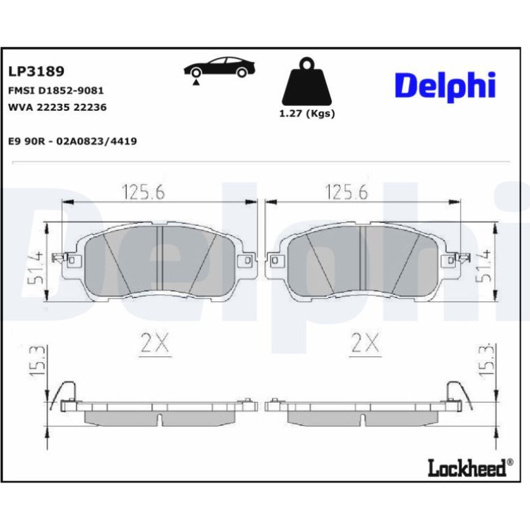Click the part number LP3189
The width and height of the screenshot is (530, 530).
click(36, 72)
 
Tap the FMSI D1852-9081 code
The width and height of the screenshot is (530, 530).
click(56, 91)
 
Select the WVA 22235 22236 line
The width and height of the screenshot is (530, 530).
click(57, 107)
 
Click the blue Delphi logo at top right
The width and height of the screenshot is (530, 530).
click(445, 87)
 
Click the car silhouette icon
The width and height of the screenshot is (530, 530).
click(220, 67)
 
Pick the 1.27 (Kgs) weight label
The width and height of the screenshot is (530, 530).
click(307, 114)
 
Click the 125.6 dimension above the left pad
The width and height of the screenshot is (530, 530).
click(143, 192)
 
